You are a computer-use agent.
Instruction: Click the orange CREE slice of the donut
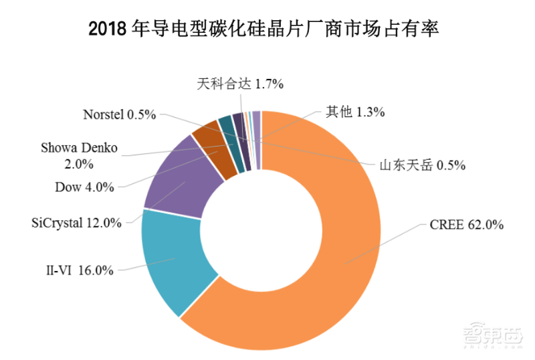[x=334, y=268]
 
